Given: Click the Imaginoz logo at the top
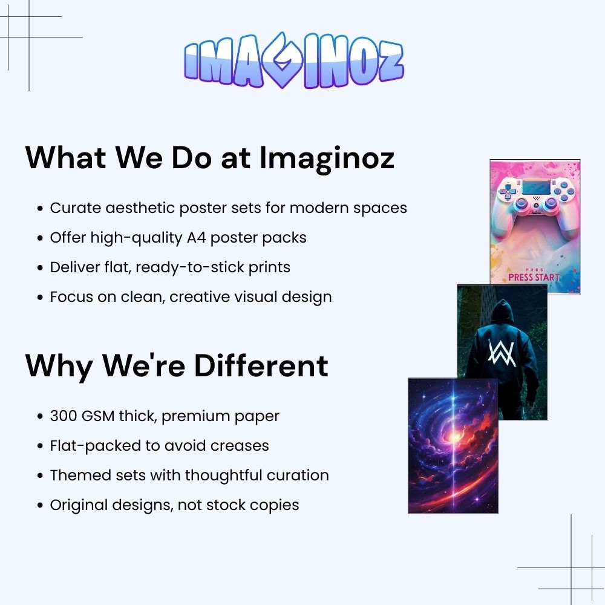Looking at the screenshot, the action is pos(294,60).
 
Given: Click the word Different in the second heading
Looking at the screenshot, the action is pos(261,365).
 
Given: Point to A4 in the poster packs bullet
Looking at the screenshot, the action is pos(197,238).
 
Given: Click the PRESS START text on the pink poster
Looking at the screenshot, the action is pos(534,277).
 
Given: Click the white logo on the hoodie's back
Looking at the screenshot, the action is pos(502,352).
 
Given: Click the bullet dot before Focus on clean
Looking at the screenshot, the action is pos(40,298).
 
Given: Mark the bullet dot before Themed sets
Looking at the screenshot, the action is pos(40,476).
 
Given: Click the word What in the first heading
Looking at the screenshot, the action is pos(66,157).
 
